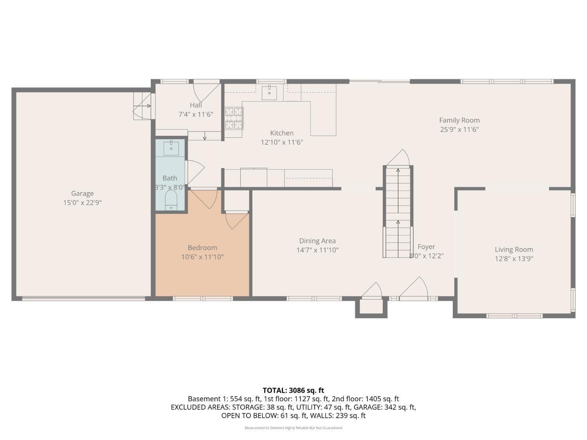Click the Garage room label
coord(82,193)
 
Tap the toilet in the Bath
coord(171,200)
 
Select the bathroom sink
coord(171,148)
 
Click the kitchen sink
coord(269,93)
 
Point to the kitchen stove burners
coord(234,118)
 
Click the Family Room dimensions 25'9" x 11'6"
coord(459,129)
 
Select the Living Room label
coord(514,250)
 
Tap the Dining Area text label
coord(317,241)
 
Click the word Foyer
coord(426,247)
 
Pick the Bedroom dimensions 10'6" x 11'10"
coord(202,257)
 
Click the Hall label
coord(196,105)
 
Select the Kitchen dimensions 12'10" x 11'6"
coord(282,142)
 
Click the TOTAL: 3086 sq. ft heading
coord(293,390)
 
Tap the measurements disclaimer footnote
coord(293,428)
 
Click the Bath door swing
coord(195,171)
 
